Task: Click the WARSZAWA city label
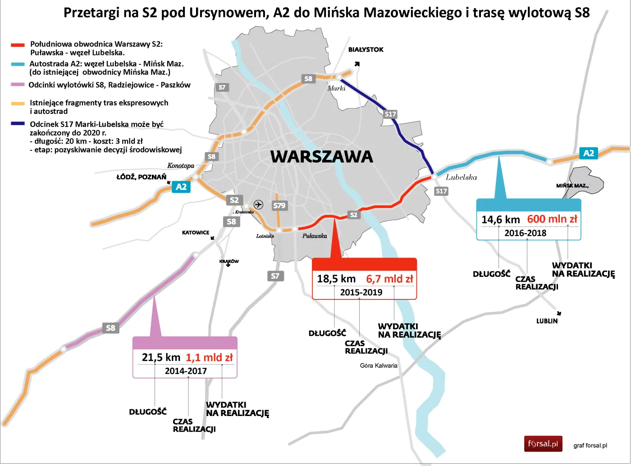click(x=321, y=157)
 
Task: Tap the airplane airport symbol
click(x=258, y=204)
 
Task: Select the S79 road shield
click(x=279, y=205)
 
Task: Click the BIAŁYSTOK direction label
click(x=366, y=50)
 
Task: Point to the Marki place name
click(x=336, y=88)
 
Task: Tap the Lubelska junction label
click(x=461, y=177)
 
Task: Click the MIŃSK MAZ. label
click(x=572, y=185)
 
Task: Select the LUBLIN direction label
click(x=547, y=321)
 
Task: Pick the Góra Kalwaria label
click(x=379, y=366)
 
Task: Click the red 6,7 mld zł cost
click(x=389, y=279)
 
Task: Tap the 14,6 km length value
click(x=500, y=220)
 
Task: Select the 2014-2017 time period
click(x=186, y=371)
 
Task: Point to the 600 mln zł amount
click(x=552, y=219)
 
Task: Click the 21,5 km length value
click(x=161, y=357)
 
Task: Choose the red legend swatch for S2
click(x=18, y=45)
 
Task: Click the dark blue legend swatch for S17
click(x=18, y=123)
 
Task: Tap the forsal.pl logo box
click(x=543, y=444)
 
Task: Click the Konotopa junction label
click(x=180, y=166)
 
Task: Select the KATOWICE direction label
click(x=195, y=233)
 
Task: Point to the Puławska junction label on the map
click(x=315, y=236)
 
